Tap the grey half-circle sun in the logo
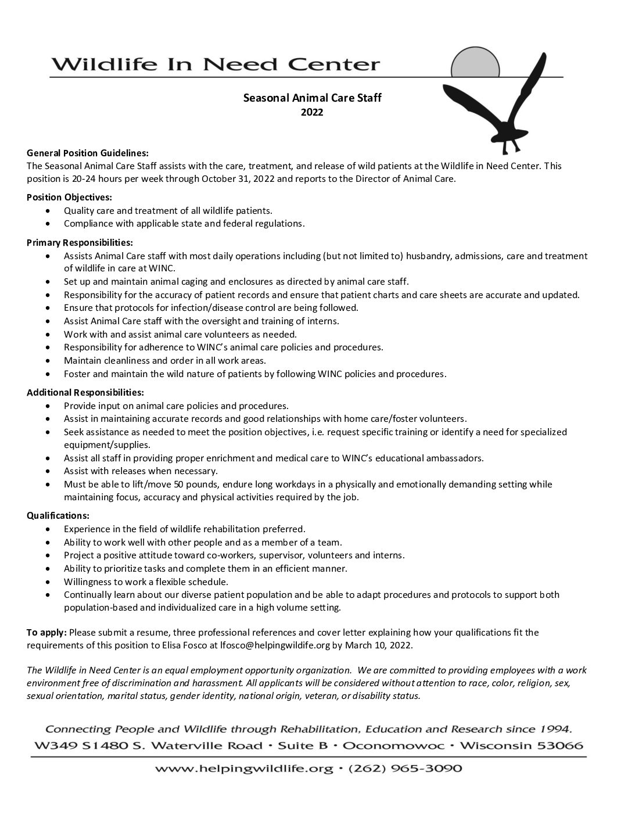coord(475,64)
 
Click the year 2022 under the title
coord(312,112)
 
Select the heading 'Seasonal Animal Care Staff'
coord(312,98)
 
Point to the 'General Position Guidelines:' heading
coord(88,153)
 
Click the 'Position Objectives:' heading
coord(69,197)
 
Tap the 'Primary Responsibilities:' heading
coord(80,242)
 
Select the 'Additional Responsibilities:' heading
coord(85,392)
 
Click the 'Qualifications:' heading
coord(58,515)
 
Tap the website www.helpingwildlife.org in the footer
coord(243,769)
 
